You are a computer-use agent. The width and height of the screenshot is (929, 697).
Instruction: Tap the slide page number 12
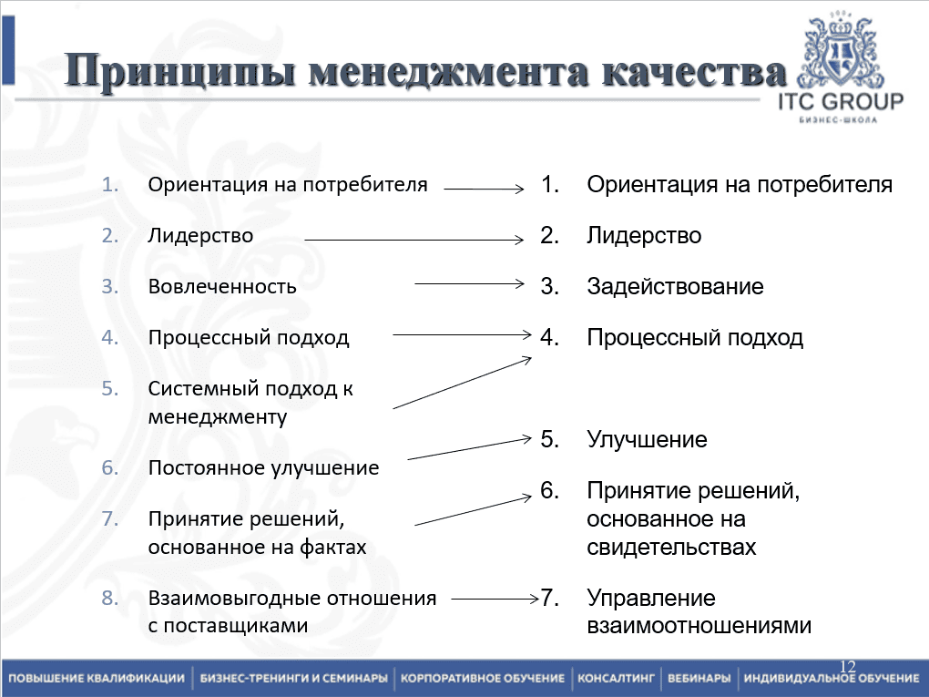click(847, 667)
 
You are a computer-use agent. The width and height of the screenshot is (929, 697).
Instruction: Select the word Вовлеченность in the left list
click(222, 286)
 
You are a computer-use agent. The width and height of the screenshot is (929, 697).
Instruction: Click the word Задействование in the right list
click(675, 287)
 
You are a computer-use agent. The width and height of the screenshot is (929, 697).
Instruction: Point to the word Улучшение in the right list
click(647, 440)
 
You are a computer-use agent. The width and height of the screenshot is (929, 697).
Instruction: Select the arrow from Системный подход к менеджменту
click(462, 383)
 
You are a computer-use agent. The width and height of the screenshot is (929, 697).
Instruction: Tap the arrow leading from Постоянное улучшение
click(469, 448)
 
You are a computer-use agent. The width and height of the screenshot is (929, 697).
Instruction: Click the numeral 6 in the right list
click(548, 491)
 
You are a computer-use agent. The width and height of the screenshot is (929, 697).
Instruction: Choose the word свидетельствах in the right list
click(671, 548)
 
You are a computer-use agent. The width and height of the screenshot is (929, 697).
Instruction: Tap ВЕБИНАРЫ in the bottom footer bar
click(699, 679)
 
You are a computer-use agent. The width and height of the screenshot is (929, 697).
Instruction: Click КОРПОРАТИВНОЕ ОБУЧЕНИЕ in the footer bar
click(483, 679)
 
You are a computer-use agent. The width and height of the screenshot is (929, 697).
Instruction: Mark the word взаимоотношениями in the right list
click(699, 627)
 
